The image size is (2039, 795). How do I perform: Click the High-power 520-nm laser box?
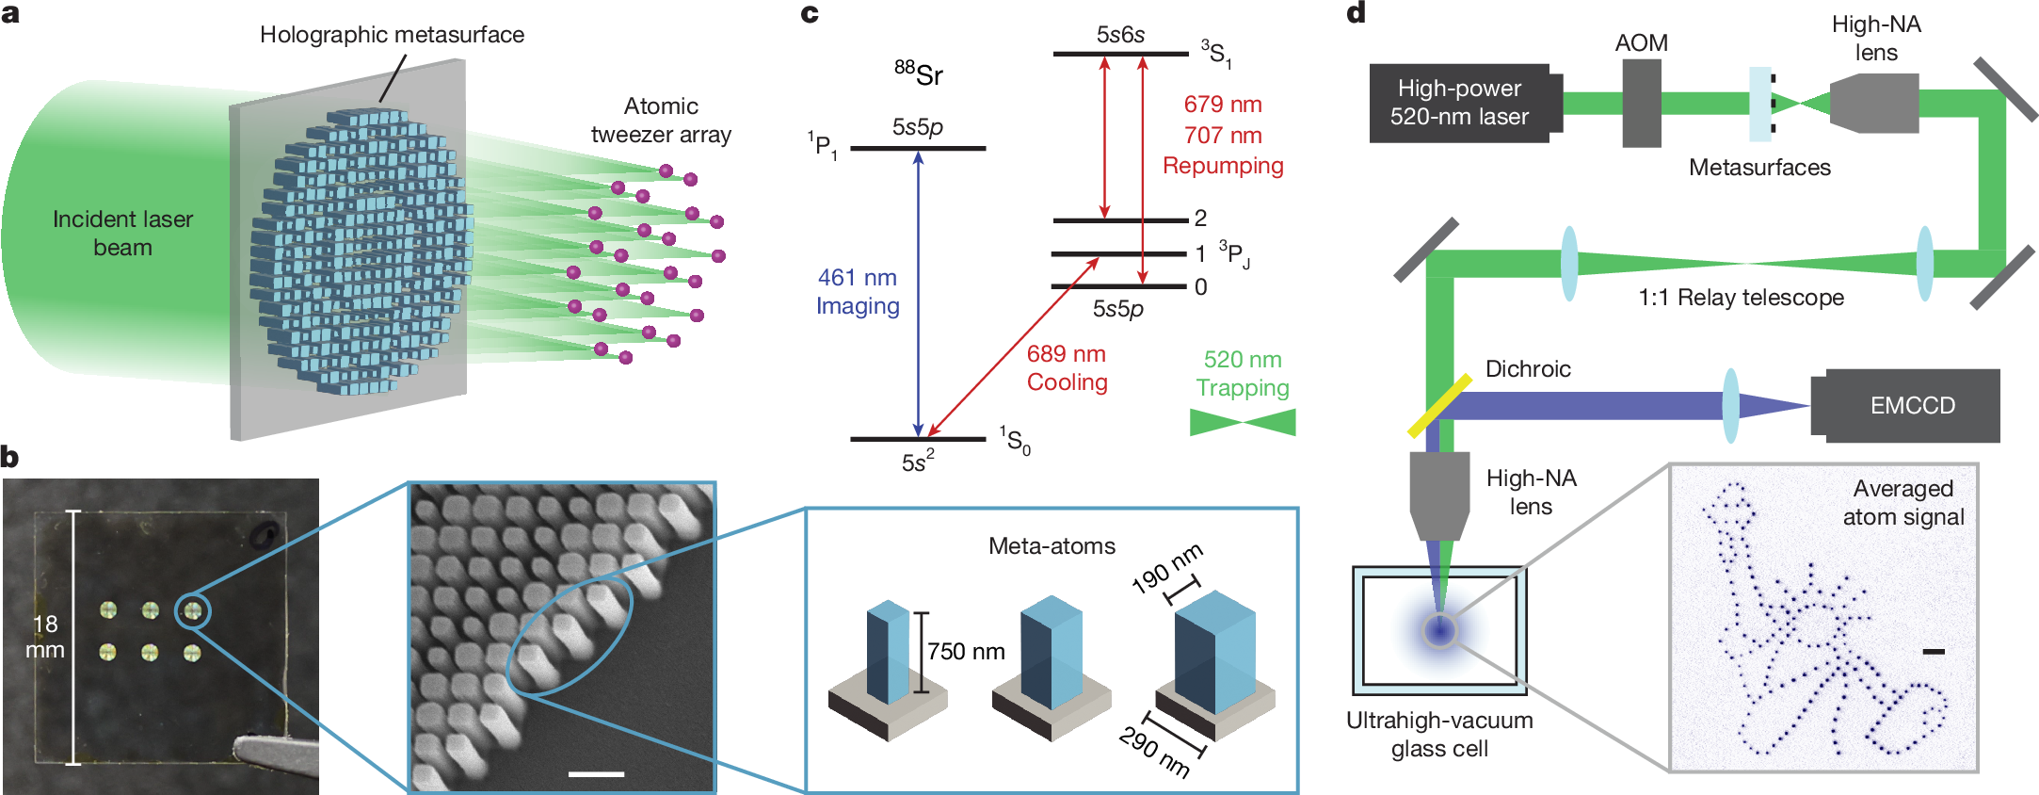point(1459,103)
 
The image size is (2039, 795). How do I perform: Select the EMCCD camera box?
point(1911,405)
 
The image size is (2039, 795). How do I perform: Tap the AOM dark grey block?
point(1641,103)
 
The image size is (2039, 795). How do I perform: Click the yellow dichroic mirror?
point(1439,406)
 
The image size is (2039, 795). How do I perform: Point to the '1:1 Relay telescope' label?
point(1741,298)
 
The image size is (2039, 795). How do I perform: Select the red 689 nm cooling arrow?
point(1013,348)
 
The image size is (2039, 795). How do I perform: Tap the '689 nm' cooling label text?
point(1066,354)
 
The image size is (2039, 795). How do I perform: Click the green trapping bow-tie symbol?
point(1243,422)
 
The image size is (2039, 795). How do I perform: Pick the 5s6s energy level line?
point(1120,54)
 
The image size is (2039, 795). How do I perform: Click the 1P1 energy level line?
point(918,148)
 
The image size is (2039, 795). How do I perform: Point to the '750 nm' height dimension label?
point(966,652)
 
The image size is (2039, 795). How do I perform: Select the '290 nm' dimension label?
point(1153,752)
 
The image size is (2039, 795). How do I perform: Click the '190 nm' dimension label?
point(1167,567)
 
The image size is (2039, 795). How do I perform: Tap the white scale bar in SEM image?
point(596,774)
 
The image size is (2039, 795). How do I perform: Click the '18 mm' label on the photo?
point(45,637)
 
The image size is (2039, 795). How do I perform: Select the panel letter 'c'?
point(809,13)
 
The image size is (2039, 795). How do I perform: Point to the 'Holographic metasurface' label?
point(392,35)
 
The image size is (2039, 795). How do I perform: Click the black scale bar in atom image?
point(1934,651)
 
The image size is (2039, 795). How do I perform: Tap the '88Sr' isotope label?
point(919,73)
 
